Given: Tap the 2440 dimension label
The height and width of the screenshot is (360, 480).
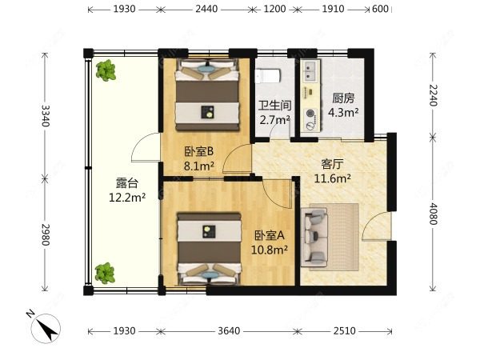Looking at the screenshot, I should tap(206, 10).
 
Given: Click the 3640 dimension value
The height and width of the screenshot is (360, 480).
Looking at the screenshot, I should tap(228, 330).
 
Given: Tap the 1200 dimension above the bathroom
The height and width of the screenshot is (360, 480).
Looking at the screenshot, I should tap(274, 10).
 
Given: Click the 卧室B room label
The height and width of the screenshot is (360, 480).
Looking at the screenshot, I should tap(199, 152).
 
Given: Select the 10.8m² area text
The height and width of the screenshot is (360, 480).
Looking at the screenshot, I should tap(271, 249).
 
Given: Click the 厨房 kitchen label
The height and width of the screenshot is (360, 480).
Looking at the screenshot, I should tap(344, 98).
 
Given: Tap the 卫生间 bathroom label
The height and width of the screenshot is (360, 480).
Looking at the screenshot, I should tap(273, 106).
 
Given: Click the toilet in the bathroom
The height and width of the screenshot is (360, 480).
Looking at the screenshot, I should tap(268, 77).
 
